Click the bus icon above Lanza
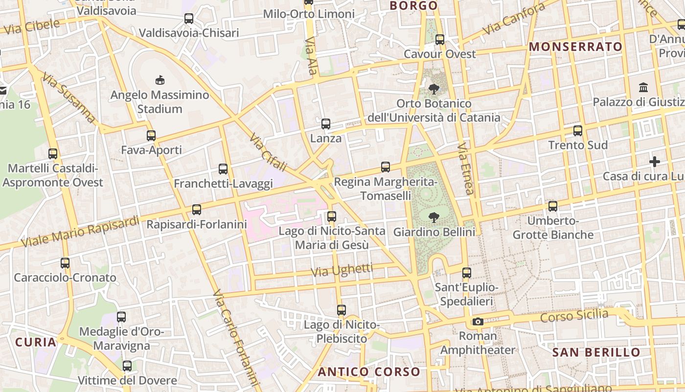pos(326,124)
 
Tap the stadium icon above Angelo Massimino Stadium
pos(160,80)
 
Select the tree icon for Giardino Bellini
pos(434,217)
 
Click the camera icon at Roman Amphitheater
pos(478,322)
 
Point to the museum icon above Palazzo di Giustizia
pos(643,88)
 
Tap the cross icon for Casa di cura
pos(655,162)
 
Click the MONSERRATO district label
pos(576,47)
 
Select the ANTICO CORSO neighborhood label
pos(369,371)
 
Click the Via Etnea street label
pos(466,169)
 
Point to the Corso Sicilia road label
pos(574,316)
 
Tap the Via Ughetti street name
pos(342,270)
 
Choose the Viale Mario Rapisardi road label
pos(80,231)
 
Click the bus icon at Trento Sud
pos(578,131)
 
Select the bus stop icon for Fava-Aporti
pos(151,136)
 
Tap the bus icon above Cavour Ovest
pos(440,40)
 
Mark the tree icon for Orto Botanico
pos(434,89)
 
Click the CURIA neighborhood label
pos(36,342)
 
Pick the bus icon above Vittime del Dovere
pos(127,366)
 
